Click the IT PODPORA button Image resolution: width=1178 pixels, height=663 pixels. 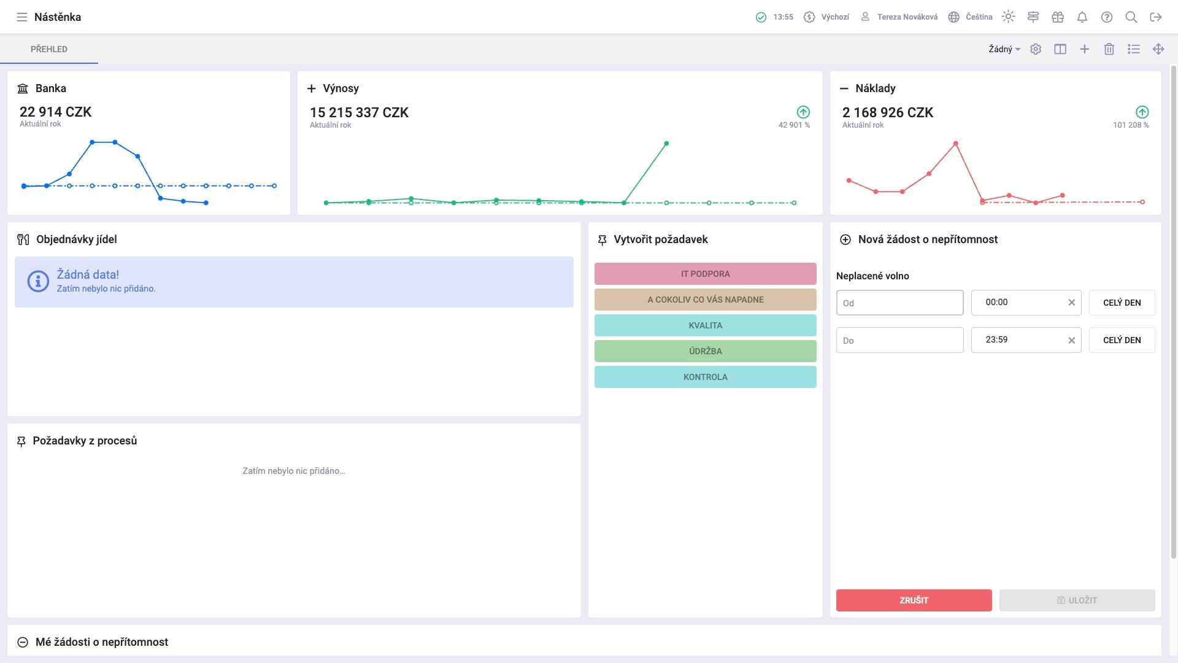click(705, 274)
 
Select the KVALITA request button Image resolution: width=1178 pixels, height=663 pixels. click(705, 325)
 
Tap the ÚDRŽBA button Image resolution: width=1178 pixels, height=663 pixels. click(705, 351)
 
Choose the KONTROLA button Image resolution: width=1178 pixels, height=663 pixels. click(705, 377)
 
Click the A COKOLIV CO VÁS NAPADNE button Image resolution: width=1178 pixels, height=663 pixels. click(705, 300)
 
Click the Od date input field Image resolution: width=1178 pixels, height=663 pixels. click(899, 303)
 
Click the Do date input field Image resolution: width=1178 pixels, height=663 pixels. click(899, 340)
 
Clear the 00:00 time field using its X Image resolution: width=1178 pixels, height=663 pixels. click(1071, 303)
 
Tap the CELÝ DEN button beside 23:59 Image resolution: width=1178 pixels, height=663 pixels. click(1122, 340)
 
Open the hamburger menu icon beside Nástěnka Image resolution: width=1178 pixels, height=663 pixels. click(22, 17)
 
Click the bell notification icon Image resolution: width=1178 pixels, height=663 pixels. click(1082, 17)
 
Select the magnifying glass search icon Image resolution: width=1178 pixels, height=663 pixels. click(1131, 17)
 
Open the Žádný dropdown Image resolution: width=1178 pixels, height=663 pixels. click(1004, 49)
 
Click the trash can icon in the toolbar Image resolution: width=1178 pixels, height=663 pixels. click(1109, 49)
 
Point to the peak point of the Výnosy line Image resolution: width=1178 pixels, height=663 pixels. click(666, 144)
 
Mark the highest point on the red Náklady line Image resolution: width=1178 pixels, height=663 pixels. click(956, 144)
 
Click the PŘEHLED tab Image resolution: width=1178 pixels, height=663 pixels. click(49, 49)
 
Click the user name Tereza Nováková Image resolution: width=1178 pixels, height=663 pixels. click(907, 17)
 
